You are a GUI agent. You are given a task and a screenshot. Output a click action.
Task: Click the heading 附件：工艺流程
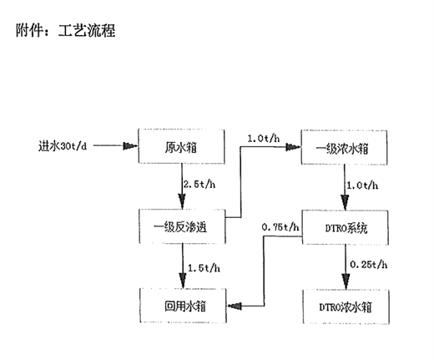pos(66,30)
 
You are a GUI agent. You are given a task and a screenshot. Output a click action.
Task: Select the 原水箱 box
pos(181,146)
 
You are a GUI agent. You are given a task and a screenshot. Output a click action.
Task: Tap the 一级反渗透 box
pos(182,226)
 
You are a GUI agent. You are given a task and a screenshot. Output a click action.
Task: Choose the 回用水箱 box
pos(183,306)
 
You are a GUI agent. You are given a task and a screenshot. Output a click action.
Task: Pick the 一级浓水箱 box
pos(344,147)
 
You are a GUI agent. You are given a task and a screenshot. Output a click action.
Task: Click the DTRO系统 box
pos(346,227)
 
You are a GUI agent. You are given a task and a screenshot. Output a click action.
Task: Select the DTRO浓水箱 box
pos(346,307)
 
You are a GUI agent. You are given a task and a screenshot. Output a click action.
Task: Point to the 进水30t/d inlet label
pos(63,146)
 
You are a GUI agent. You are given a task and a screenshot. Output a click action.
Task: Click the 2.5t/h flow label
pos(199,184)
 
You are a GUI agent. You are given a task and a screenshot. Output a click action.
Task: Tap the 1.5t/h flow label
pos(204,268)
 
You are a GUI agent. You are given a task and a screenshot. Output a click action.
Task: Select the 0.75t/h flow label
pos(280,227)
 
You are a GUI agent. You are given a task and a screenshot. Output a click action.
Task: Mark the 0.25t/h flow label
pos(369,264)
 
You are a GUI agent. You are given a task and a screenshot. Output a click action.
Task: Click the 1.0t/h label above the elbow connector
pos(264,139)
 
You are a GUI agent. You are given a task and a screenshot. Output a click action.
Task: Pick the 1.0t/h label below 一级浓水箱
pos(362,185)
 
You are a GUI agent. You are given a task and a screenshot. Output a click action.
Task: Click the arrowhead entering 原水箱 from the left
pos(130,146)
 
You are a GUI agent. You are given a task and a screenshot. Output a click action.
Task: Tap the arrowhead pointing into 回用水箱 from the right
pos(235,306)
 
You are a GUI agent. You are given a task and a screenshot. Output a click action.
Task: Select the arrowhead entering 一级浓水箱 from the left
pos(294,147)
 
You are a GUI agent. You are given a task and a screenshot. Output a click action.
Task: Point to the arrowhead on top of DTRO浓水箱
pos(346,281)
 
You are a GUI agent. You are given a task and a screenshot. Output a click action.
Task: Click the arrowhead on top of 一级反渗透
pos(182,201)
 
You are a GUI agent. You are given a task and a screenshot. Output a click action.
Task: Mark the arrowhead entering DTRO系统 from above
pos(345,203)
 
